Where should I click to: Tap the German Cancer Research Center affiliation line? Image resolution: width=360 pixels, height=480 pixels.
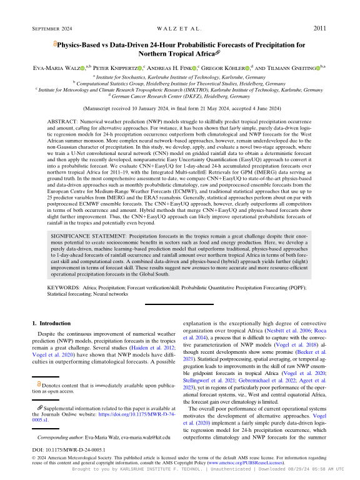(x=179, y=96)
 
